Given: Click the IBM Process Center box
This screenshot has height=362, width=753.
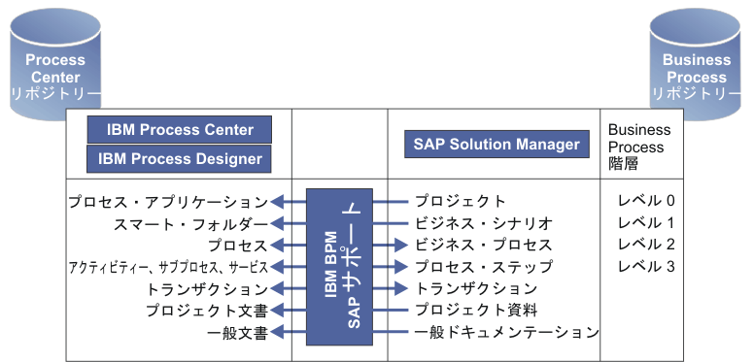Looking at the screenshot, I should [179, 130].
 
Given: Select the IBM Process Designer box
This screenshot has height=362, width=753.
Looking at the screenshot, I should [179, 158].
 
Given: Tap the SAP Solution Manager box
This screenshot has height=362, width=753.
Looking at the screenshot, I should [496, 145].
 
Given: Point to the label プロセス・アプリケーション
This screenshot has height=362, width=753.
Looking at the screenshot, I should [167, 202].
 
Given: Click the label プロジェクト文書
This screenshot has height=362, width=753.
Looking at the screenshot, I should [206, 310].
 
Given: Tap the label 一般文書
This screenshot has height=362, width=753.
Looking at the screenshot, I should [236, 332].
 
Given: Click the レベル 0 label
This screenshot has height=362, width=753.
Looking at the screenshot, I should [645, 202].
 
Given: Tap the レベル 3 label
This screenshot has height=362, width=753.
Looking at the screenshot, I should [645, 266].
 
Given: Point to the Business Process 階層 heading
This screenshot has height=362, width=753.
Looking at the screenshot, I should [638, 147].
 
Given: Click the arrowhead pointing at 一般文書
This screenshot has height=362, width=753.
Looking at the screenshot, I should [277, 332].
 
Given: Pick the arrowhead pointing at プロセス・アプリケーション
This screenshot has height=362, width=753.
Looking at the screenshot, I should [277, 202].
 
